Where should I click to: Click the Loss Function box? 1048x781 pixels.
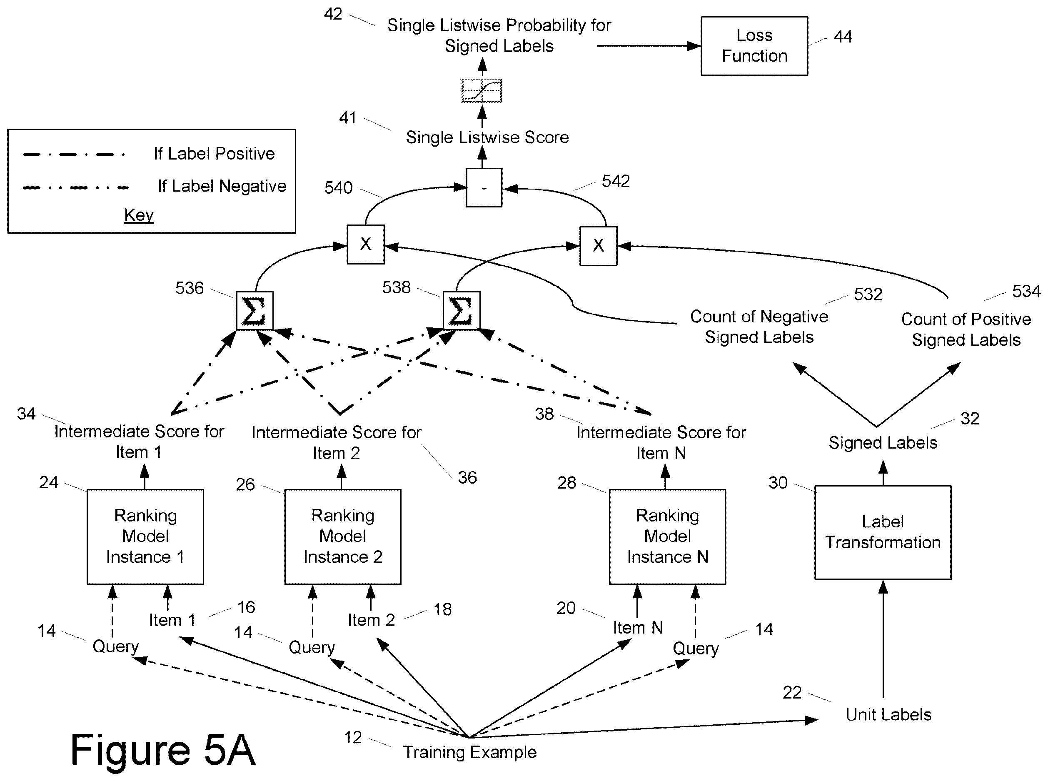pos(754,46)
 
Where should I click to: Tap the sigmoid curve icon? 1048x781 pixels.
pos(482,90)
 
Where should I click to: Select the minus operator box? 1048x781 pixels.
pos(484,188)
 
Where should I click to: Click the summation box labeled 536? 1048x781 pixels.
pos(255,311)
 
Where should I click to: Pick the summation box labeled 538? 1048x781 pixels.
pos(462,311)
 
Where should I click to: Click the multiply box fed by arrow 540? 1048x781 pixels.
pos(365,245)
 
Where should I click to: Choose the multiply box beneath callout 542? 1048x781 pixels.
pos(599,246)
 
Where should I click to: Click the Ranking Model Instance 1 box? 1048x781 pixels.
pos(145,536)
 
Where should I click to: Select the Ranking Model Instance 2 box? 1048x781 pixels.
pos(343,536)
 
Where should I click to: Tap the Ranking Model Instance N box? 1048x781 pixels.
pos(667,536)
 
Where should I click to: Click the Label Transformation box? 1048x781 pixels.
pos(883,532)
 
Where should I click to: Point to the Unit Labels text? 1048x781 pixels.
pos(888,714)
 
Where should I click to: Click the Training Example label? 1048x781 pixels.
pos(469,752)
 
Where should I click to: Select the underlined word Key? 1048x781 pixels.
pos(139,215)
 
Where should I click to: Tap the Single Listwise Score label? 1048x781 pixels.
pos(487,137)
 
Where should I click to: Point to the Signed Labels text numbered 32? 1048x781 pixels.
pos(883,442)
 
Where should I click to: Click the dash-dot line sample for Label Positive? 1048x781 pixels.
pos(74,155)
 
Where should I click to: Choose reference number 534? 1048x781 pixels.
pos(1026,291)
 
